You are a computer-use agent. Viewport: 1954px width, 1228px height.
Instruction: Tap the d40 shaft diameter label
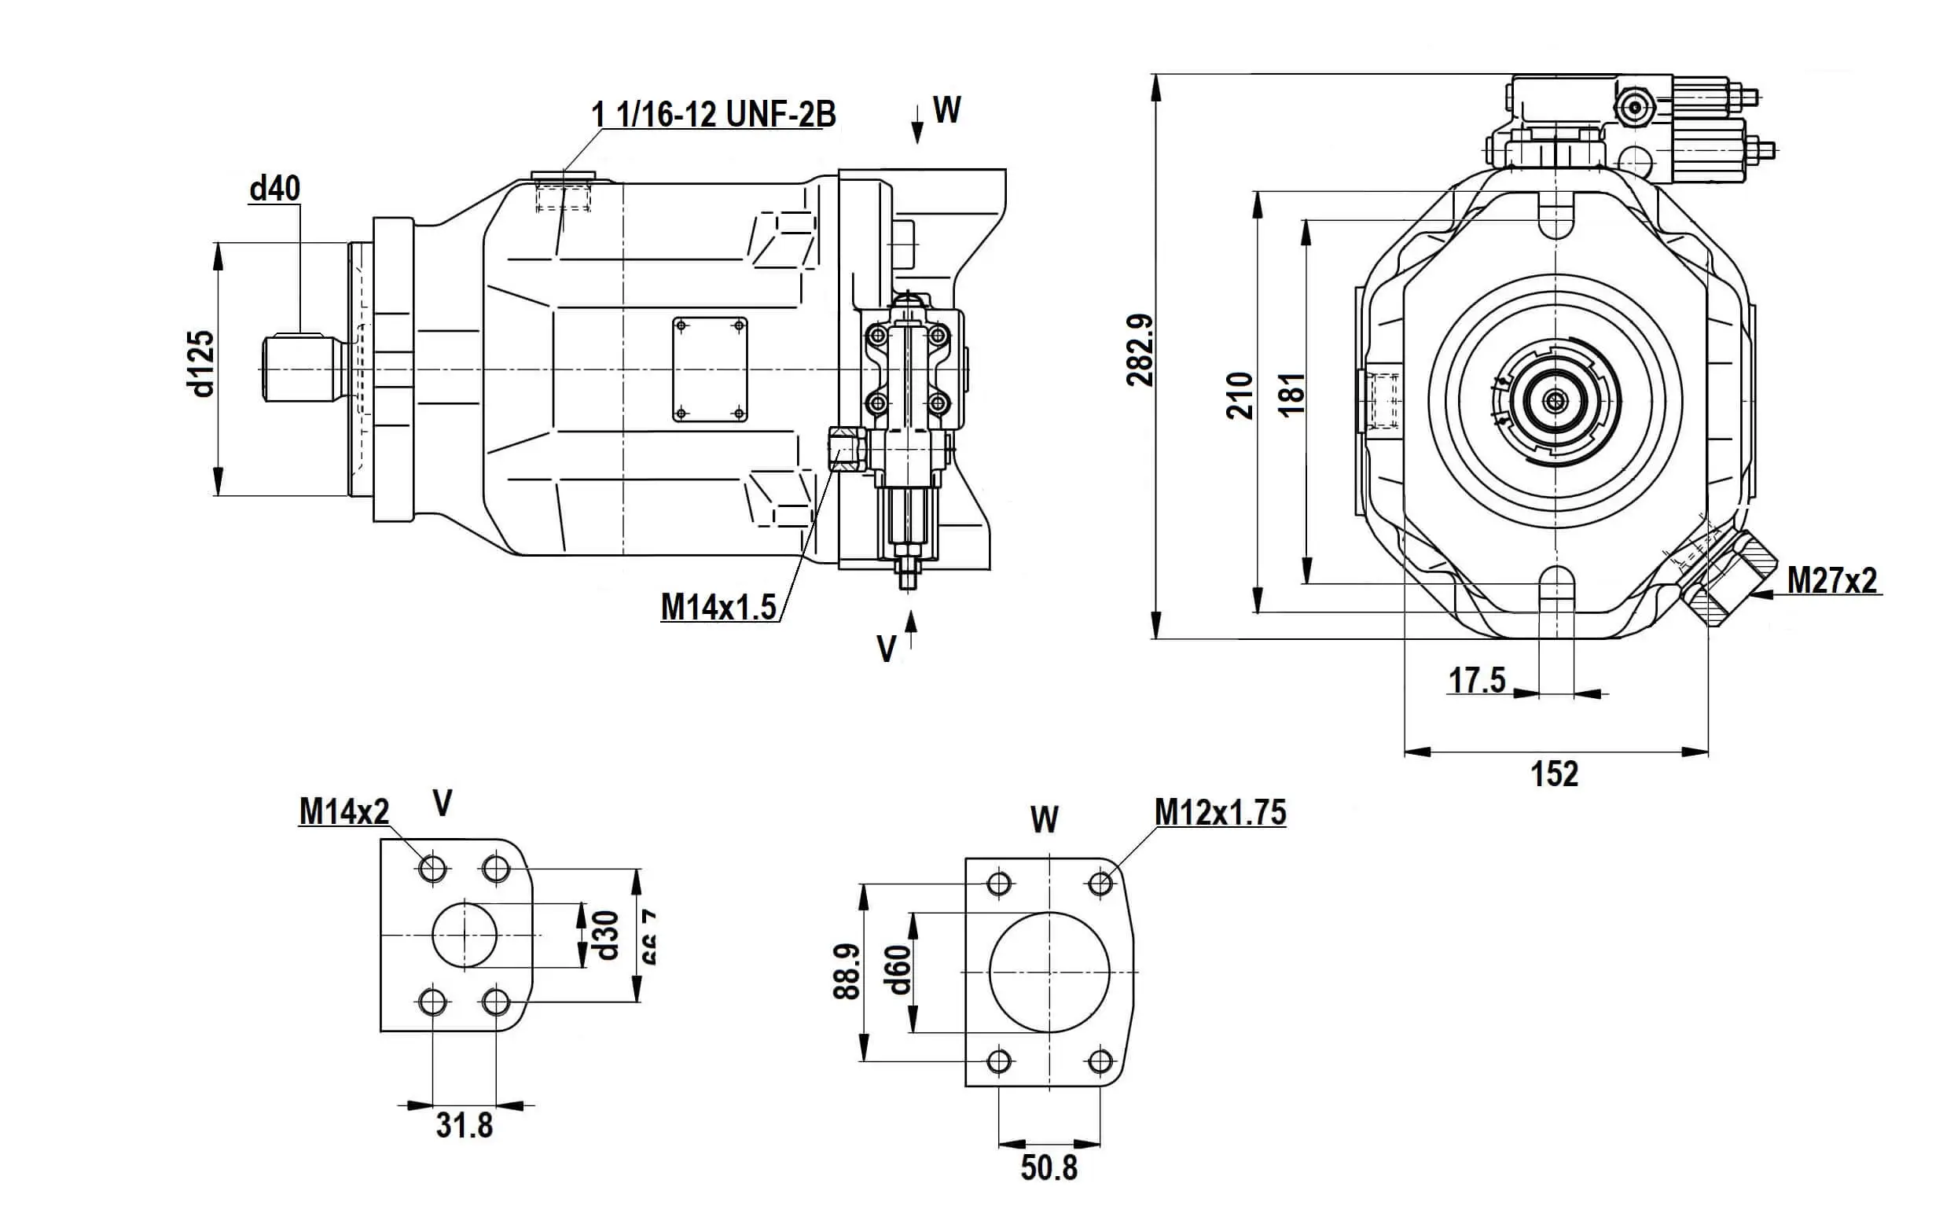(x=275, y=189)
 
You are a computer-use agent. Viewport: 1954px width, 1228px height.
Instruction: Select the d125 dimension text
(x=200, y=364)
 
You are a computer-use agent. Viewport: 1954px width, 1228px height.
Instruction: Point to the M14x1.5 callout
(x=718, y=607)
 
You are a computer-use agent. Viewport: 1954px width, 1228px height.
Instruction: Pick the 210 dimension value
(x=1239, y=395)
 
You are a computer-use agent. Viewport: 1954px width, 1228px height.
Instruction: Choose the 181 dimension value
(x=1292, y=395)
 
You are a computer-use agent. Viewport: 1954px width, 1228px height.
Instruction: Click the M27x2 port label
(x=1832, y=581)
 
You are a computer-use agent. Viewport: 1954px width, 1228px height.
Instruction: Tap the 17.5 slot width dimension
(x=1477, y=680)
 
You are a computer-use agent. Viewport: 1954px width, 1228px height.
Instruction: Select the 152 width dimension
(x=1555, y=774)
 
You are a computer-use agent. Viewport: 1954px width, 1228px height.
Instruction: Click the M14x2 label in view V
(x=344, y=811)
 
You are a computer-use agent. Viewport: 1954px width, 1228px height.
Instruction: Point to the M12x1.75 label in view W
(x=1221, y=812)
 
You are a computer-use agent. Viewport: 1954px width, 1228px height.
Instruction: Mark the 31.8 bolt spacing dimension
(x=465, y=1126)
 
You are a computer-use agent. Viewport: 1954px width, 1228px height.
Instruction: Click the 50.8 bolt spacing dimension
(x=1049, y=1168)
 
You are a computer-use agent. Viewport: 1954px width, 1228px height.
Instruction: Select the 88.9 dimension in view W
(x=847, y=972)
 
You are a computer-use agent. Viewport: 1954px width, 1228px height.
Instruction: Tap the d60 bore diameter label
(x=899, y=970)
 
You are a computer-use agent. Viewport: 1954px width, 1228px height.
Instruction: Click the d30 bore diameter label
(x=607, y=935)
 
